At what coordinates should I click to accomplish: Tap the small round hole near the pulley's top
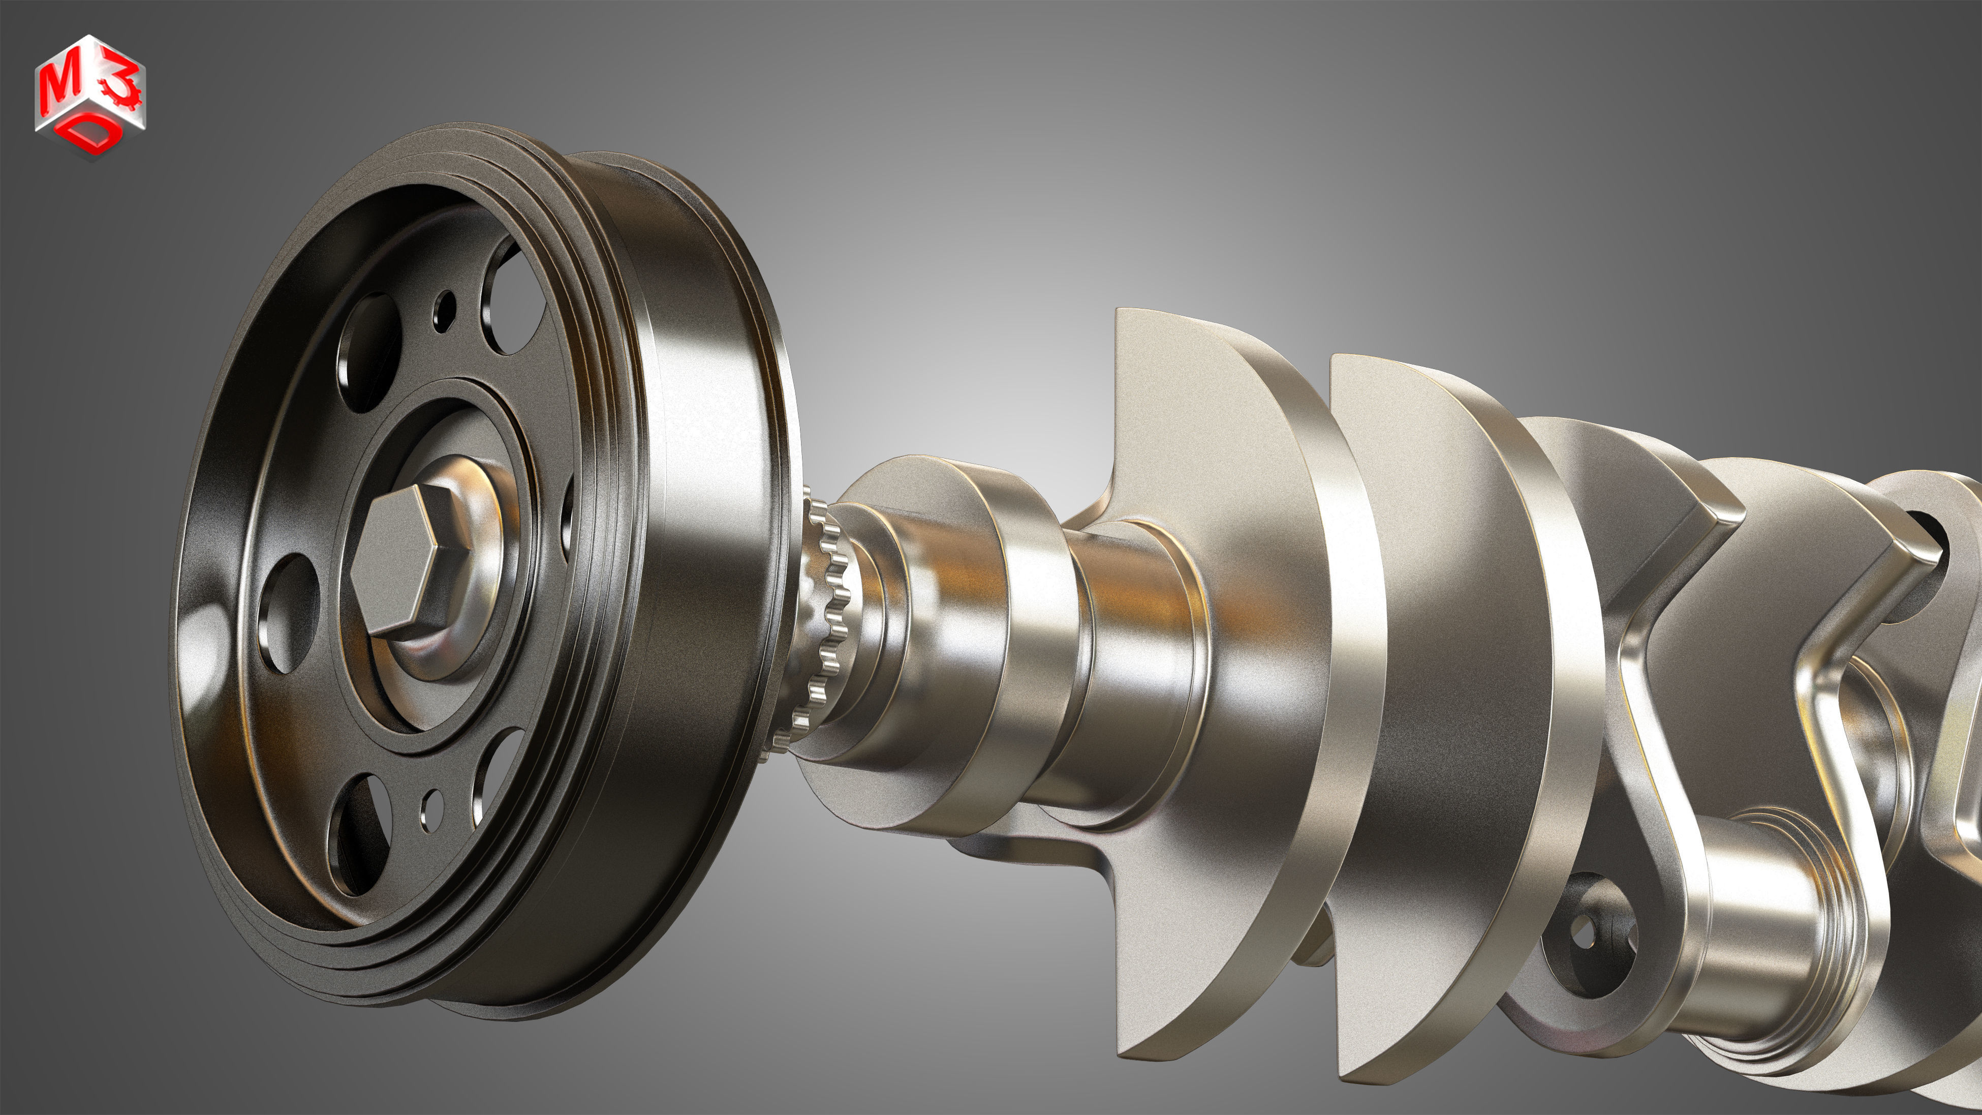(x=444, y=310)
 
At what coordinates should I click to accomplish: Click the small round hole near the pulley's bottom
(x=432, y=809)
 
